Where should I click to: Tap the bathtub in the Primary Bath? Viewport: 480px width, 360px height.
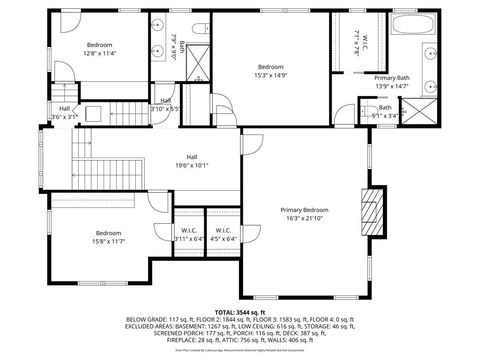coord(412,27)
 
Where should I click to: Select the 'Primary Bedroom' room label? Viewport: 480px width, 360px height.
coord(303,209)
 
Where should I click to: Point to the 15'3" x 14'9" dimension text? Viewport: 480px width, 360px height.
coord(270,75)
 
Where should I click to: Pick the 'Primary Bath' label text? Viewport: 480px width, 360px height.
coord(392,78)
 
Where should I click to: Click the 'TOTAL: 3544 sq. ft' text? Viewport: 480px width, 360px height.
coord(239,312)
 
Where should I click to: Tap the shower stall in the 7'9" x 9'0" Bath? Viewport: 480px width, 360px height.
coord(197,64)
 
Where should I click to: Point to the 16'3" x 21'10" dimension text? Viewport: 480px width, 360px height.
coord(303,218)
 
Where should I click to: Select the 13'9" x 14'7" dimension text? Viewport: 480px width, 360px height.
coord(392,86)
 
